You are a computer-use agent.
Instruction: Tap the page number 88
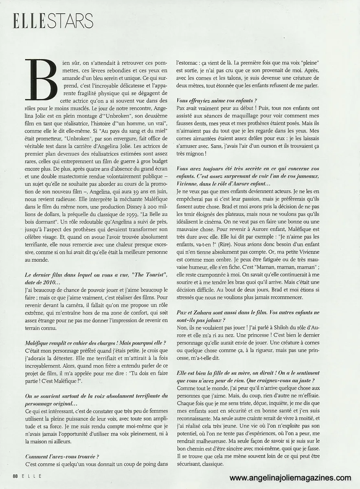tap(15, 476)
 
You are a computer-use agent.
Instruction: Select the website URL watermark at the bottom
tap(290, 478)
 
